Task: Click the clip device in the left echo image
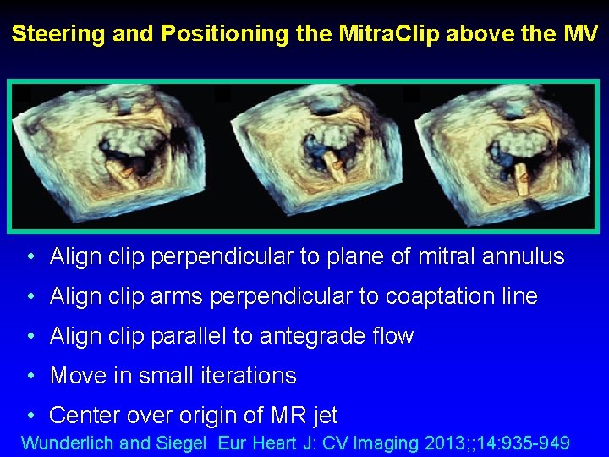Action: point(126,170)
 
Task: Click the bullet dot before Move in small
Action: point(30,376)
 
